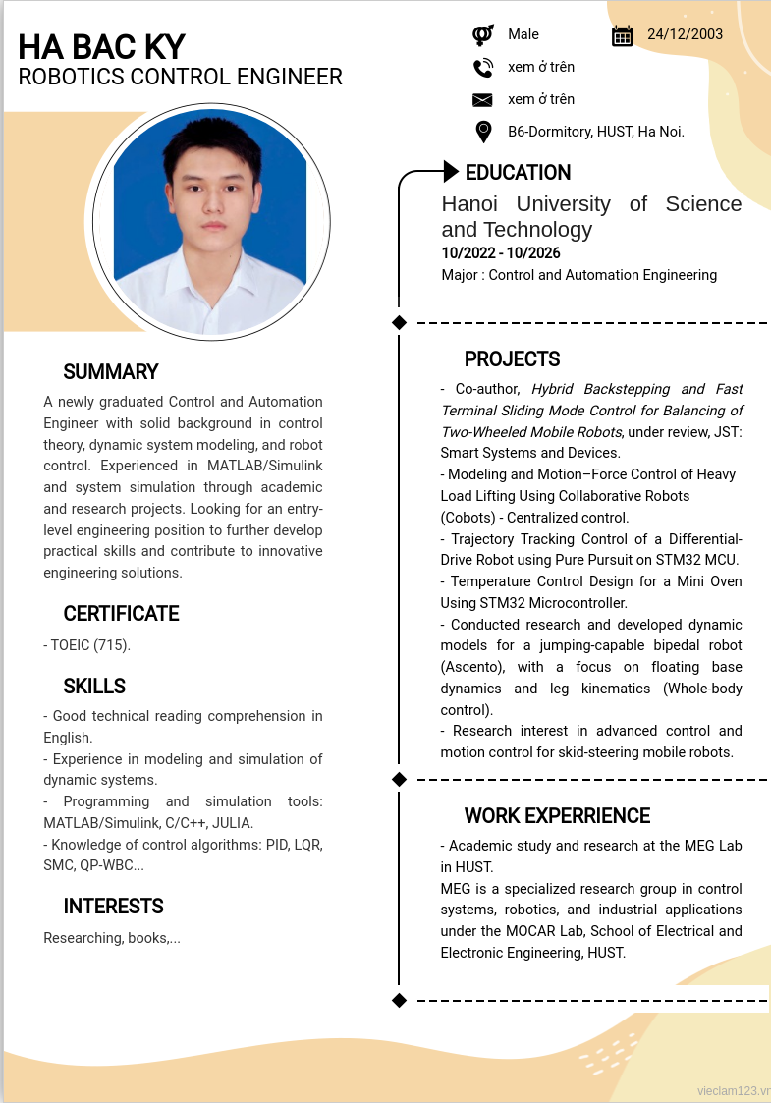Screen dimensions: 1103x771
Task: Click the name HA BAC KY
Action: (101, 46)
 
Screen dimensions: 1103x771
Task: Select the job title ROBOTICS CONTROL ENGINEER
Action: (181, 77)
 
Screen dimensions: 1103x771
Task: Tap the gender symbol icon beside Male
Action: (482, 35)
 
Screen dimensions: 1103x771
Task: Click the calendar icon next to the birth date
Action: (622, 35)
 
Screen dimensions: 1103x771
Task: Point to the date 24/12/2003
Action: (685, 34)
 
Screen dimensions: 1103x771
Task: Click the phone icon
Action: (482, 68)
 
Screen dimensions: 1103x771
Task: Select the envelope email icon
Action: (482, 100)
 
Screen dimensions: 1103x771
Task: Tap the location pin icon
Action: (482, 132)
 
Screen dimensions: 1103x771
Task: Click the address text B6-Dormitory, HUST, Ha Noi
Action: (595, 132)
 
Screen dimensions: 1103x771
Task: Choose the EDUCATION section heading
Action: (518, 173)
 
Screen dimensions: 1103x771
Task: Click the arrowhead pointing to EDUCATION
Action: (451, 172)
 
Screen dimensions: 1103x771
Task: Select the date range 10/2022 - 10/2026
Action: (501, 253)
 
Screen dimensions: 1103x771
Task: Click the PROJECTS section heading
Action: (512, 359)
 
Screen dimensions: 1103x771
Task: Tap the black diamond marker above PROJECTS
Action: (399, 322)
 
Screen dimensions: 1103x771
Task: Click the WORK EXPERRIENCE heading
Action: (557, 816)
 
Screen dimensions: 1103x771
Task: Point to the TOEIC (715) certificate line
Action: (87, 645)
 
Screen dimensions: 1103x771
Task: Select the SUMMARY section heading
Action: (110, 372)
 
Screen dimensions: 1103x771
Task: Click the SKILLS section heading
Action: (94, 687)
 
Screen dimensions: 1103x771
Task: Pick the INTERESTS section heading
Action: (113, 907)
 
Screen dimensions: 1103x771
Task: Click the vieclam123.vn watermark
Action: (733, 1091)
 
